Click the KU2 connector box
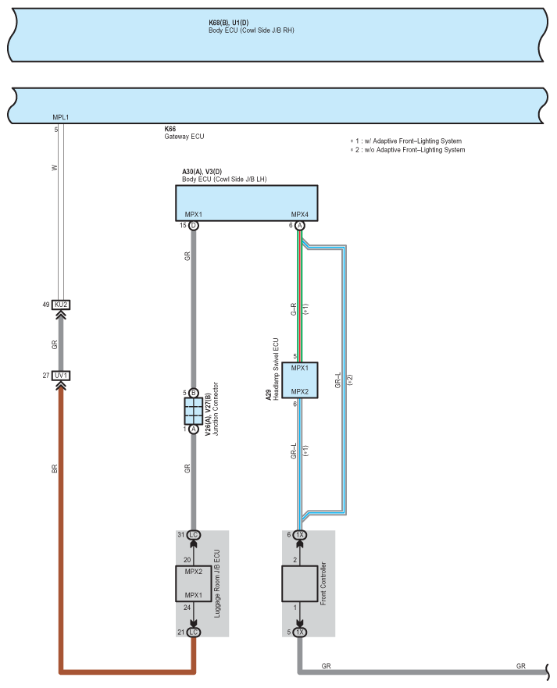[x=61, y=305]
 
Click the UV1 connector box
[x=61, y=376]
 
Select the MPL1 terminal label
[x=61, y=117]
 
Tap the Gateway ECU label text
[x=184, y=137]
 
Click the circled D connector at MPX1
[x=194, y=226]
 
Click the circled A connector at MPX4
[x=300, y=226]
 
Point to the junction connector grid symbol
[x=194, y=411]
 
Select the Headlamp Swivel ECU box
[x=300, y=380]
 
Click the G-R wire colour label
[x=294, y=309]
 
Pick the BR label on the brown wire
[x=55, y=469]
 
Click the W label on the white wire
[x=55, y=168]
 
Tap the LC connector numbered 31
[x=194, y=535]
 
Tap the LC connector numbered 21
[x=194, y=633]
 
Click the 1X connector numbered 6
[x=300, y=535]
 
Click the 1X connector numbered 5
[x=300, y=633]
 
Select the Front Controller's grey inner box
[x=300, y=583]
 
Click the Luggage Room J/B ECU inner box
[x=194, y=583]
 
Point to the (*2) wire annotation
[x=350, y=380]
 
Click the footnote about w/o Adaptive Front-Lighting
[x=408, y=150]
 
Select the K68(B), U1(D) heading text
[x=229, y=23]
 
